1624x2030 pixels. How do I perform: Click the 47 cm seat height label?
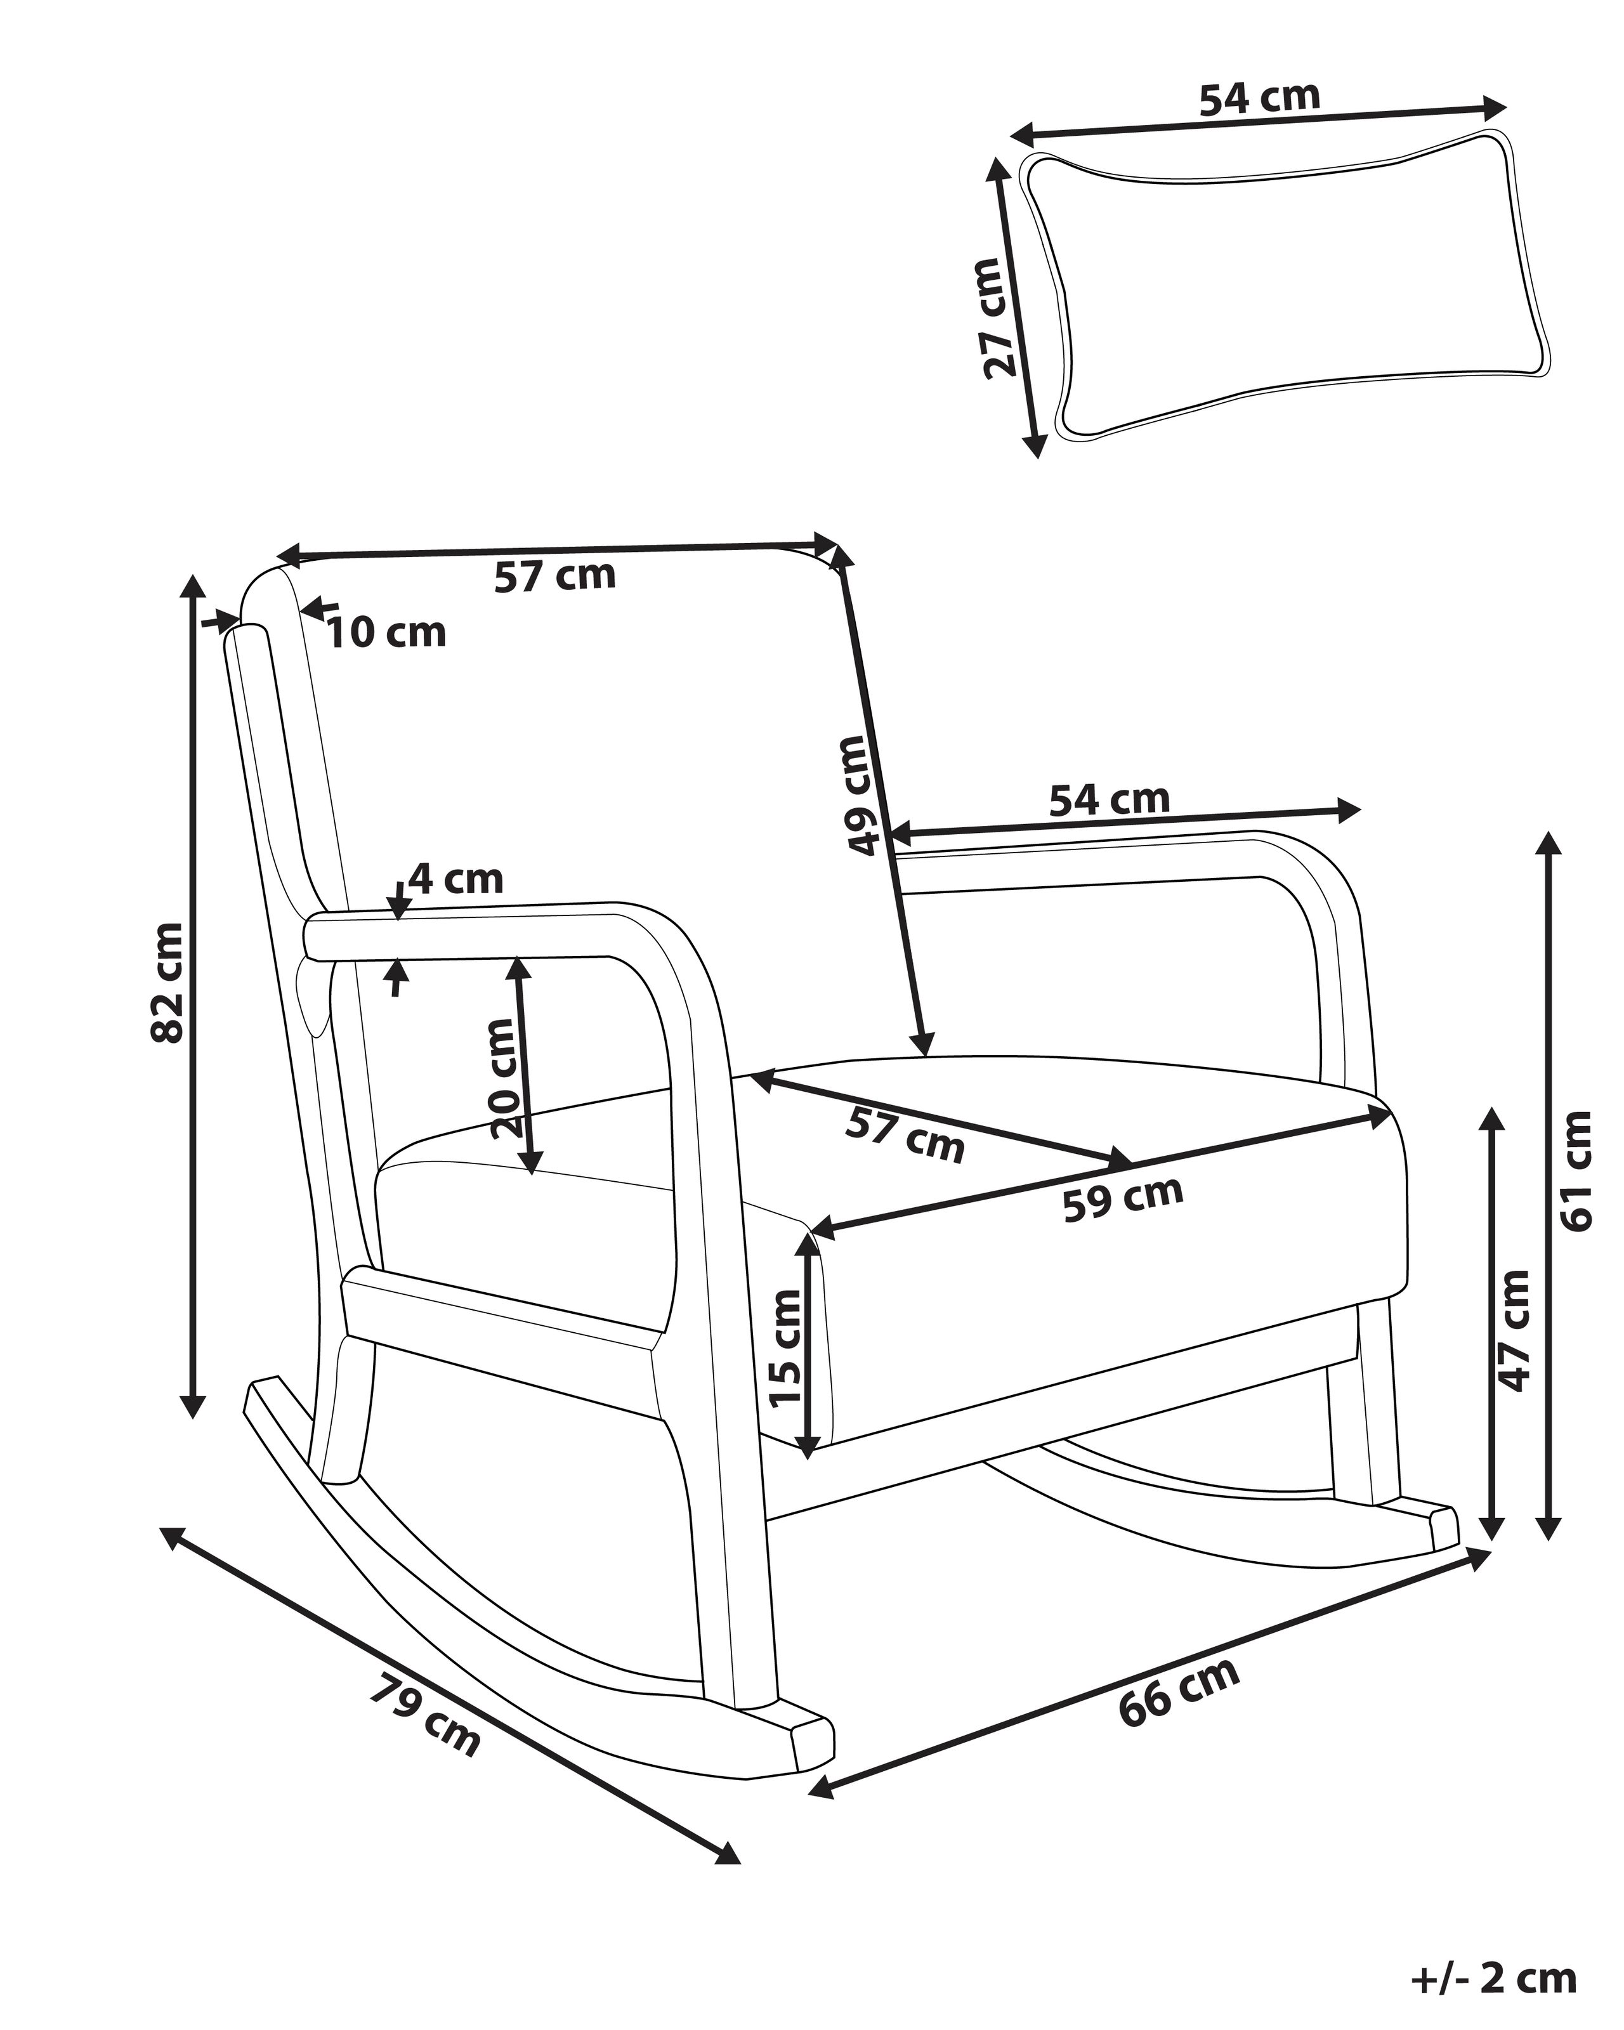click(1514, 1330)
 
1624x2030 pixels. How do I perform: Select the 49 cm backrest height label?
click(863, 796)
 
